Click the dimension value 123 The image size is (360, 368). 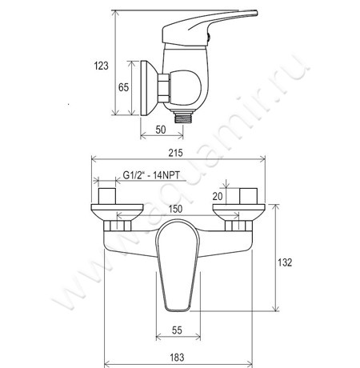pos(102,66)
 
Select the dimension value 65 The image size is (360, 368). pos(123,87)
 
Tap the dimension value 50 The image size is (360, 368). pos(161,130)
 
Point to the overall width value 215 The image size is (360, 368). pos(176,153)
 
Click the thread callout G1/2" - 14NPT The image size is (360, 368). pos(151,175)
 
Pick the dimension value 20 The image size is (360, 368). pos(218,196)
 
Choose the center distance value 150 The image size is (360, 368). pos(175,209)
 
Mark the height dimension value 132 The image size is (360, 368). pos(285,262)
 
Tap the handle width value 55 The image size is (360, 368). pos(177,330)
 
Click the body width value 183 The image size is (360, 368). pos(177,358)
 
